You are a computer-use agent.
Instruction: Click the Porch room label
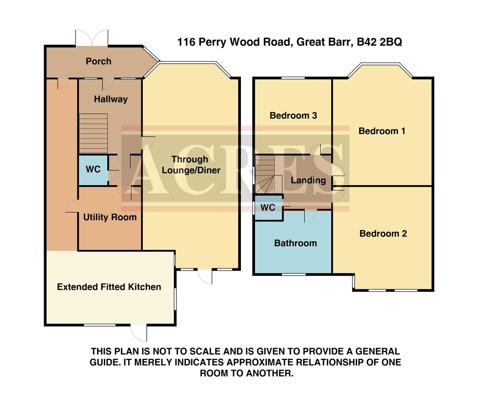pyautogui.click(x=98, y=61)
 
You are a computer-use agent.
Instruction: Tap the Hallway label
pyautogui.click(x=110, y=99)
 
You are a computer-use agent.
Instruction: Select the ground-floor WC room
pyautogui.click(x=93, y=169)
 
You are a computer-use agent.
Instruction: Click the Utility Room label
pyautogui.click(x=110, y=217)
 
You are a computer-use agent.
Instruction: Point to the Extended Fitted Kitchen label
pyautogui.click(x=109, y=287)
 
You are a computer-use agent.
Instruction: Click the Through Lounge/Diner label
pyautogui.click(x=190, y=165)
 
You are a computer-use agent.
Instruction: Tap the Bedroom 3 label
pyautogui.click(x=293, y=116)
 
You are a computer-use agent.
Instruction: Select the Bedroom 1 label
pyautogui.click(x=382, y=131)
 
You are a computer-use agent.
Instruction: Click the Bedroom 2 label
pyautogui.click(x=383, y=234)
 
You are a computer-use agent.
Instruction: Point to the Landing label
pyautogui.click(x=308, y=180)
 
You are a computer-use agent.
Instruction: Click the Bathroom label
pyautogui.click(x=295, y=243)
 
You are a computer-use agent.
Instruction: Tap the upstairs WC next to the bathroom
pyautogui.click(x=268, y=207)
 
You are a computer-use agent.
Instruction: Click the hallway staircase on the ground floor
pyautogui.click(x=93, y=133)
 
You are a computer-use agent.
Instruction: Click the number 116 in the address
pyautogui.click(x=186, y=42)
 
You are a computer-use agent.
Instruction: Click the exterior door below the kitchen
pyautogui.click(x=139, y=333)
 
